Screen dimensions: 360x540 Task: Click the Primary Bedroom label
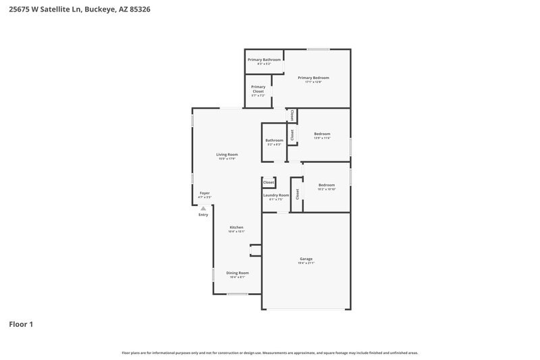(x=317, y=78)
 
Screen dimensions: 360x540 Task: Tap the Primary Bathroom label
(x=264, y=59)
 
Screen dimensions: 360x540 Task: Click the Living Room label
(x=227, y=155)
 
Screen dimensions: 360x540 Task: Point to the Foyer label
(x=205, y=193)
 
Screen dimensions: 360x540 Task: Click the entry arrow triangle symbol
(x=203, y=208)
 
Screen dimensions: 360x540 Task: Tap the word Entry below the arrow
(x=203, y=215)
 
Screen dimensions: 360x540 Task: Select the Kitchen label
(x=236, y=227)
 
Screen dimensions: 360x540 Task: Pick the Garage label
(x=306, y=259)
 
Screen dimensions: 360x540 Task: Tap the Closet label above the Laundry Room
(x=269, y=182)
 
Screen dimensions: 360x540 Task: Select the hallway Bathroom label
(x=274, y=140)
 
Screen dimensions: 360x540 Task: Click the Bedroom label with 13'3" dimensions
(x=322, y=134)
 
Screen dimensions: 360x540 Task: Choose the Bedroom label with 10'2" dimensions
(x=327, y=185)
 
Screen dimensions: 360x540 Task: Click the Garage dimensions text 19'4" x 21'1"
(x=306, y=263)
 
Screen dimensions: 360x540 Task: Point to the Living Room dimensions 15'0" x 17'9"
(x=227, y=159)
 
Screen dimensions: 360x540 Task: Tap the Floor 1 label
(x=21, y=324)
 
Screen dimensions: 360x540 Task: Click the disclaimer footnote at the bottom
(x=270, y=353)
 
